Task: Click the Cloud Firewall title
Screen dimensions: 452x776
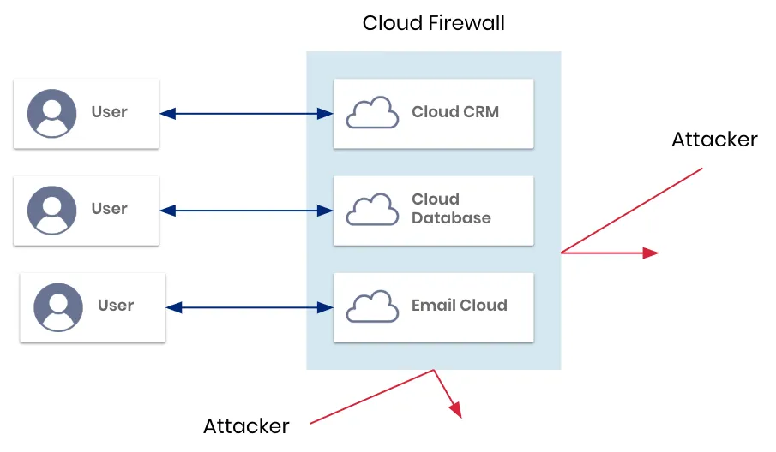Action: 433,23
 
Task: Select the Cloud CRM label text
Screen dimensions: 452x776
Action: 454,111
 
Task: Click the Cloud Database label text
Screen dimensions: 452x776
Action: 451,208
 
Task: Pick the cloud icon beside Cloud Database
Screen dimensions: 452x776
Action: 372,210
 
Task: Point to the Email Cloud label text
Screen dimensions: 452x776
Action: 459,305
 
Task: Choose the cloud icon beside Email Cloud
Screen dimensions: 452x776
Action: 372,306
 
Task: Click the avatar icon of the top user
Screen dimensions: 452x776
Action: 52,113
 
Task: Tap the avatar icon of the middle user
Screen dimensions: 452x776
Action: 52,210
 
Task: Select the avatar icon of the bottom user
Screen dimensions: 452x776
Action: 58,307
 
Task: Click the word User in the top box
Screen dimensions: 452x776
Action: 109,111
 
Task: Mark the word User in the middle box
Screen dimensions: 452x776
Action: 109,208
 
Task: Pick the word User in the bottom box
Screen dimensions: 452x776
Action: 116,305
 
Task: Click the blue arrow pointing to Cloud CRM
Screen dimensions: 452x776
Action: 247,113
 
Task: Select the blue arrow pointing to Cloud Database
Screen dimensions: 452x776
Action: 247,210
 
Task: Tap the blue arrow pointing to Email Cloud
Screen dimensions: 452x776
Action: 250,306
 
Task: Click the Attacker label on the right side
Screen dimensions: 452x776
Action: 714,140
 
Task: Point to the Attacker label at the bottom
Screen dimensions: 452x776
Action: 246,425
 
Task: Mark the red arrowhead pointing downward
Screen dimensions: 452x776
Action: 456,409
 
